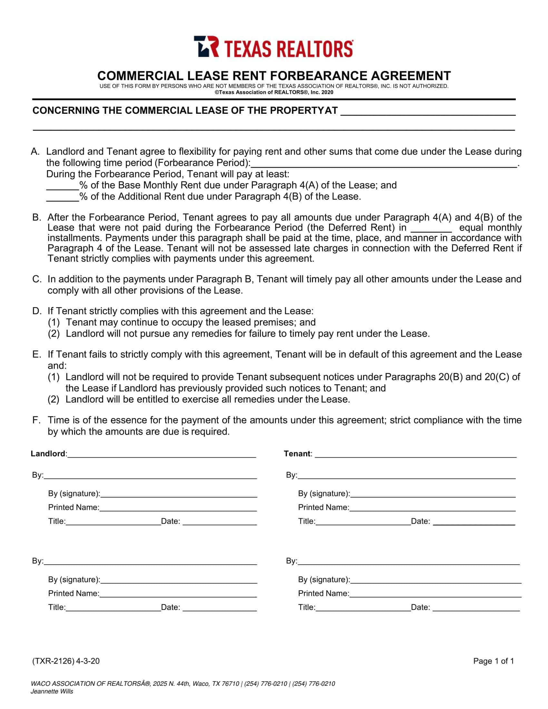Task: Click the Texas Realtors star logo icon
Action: [x=206, y=47]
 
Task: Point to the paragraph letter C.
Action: [x=36, y=279]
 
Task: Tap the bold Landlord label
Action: [x=48, y=453]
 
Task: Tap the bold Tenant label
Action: [x=297, y=453]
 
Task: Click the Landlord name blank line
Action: [x=162, y=455]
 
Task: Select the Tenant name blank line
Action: [x=416, y=455]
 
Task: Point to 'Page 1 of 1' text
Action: [x=494, y=661]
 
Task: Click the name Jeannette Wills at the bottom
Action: [x=52, y=692]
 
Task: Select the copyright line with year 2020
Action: [x=274, y=92]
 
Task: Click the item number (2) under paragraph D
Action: [x=54, y=334]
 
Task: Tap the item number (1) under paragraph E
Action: [x=54, y=377]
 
